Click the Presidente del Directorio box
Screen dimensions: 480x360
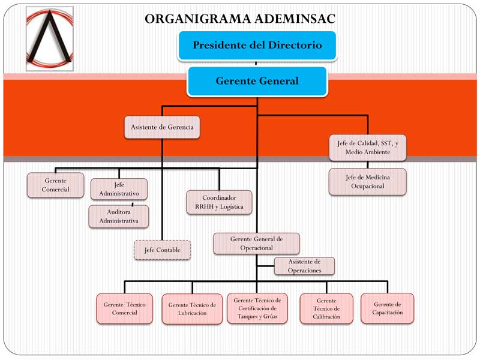point(257,46)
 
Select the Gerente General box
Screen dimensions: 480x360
point(257,81)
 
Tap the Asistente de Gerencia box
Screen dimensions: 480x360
point(162,127)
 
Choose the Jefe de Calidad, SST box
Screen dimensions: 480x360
point(368,148)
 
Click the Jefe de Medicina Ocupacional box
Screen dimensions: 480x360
point(368,182)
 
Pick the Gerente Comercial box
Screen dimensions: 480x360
point(55,185)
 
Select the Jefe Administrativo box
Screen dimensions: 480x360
point(119,189)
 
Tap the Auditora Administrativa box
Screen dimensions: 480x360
point(119,217)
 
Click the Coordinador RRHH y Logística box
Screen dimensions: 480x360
point(219,202)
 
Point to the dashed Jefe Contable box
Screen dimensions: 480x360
point(162,250)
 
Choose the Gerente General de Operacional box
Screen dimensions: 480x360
point(257,244)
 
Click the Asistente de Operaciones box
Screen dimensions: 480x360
point(304,266)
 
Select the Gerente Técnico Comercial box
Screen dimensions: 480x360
point(125,308)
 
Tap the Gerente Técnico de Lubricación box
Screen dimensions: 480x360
point(192,309)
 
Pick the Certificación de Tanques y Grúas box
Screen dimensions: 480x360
point(257,308)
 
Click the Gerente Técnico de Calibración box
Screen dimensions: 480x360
point(326,308)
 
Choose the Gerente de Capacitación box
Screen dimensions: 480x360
point(387,308)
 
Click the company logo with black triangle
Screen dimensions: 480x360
point(50,38)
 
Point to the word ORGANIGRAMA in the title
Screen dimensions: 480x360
point(198,19)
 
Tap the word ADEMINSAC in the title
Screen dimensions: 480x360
point(295,19)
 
